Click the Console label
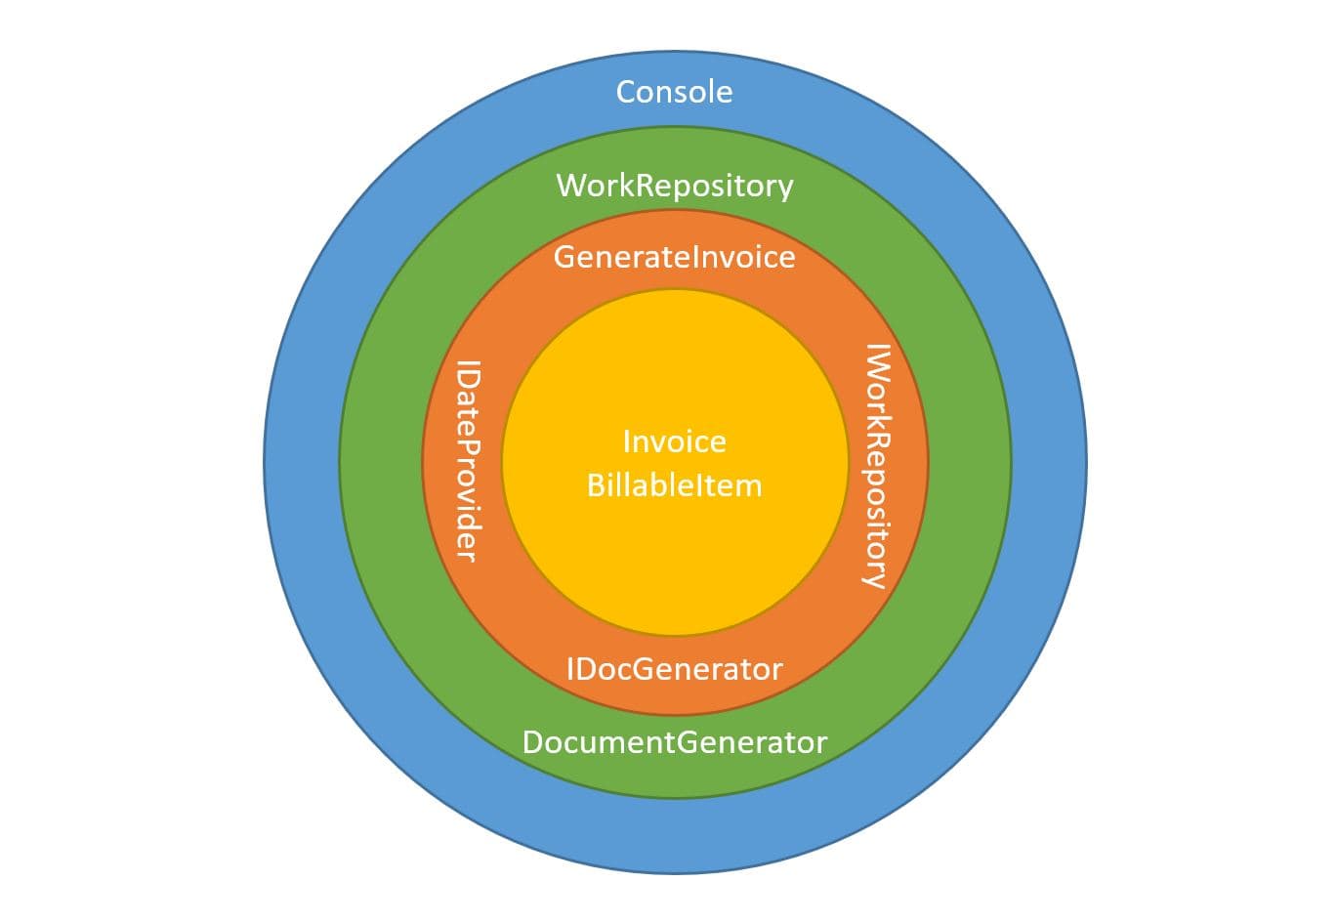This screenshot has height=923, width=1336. click(x=674, y=92)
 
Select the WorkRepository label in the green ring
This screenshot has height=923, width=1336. click(x=674, y=186)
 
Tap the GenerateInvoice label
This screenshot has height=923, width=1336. click(x=674, y=257)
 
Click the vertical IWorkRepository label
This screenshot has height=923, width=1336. click(x=877, y=465)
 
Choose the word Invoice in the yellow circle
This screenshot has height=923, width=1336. click(x=674, y=441)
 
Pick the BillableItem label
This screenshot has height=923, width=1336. click(x=674, y=485)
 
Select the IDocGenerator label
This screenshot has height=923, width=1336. click(x=674, y=669)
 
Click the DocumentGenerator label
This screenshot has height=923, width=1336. click(x=674, y=742)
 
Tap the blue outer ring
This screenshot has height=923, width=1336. click(x=303, y=461)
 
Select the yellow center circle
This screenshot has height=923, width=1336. click(x=674, y=566)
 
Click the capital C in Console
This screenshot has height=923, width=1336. click(x=627, y=92)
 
